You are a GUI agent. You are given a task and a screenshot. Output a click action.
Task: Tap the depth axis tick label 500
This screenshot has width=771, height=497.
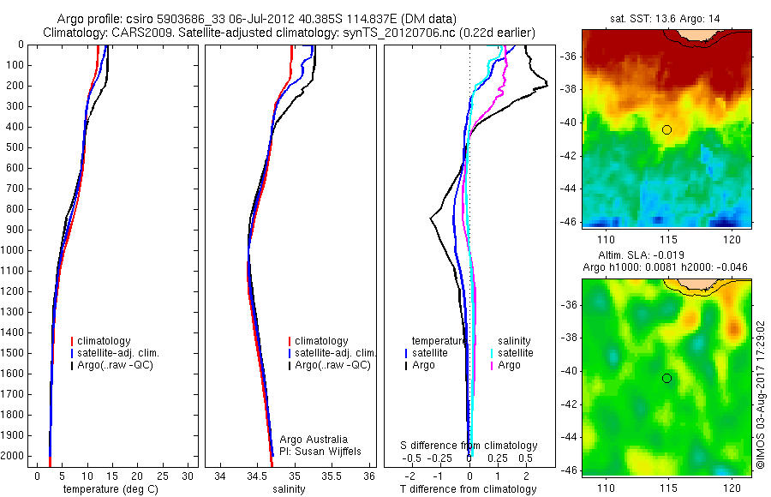15,147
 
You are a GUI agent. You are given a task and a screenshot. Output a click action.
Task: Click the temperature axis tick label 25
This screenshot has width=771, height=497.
164,476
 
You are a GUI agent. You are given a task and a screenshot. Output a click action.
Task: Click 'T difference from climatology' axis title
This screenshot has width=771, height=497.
468,489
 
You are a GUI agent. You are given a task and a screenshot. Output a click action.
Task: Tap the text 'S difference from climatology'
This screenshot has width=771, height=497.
469,446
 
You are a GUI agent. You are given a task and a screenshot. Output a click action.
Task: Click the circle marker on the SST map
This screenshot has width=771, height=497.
666,129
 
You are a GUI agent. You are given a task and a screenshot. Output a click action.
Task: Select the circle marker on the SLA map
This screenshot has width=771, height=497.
666,378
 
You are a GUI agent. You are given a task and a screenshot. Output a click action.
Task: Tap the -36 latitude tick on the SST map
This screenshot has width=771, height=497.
569,57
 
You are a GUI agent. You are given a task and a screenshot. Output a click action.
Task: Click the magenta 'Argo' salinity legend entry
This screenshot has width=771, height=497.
509,365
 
